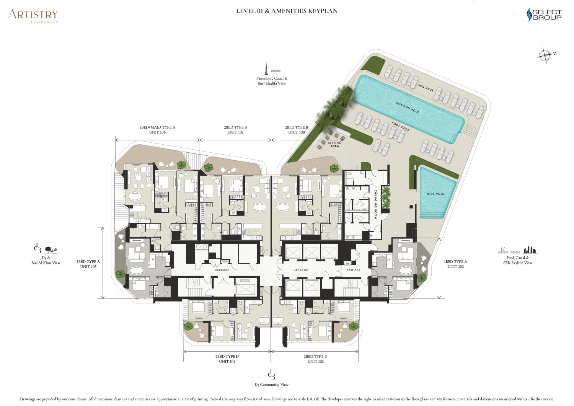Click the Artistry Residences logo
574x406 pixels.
(x=33, y=16)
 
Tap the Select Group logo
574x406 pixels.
(x=544, y=15)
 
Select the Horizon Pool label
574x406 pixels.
(x=408, y=108)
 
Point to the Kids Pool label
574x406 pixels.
(x=436, y=194)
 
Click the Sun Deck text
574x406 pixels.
(x=426, y=87)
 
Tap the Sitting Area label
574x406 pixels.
(x=335, y=144)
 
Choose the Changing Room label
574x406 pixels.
(x=375, y=204)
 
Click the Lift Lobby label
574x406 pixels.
(x=301, y=270)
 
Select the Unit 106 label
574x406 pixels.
(x=157, y=132)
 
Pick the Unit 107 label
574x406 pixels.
(x=235, y=132)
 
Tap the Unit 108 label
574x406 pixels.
(x=297, y=132)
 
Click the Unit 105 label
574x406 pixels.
(x=88, y=267)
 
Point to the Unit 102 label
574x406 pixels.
(x=456, y=267)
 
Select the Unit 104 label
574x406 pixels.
(x=227, y=361)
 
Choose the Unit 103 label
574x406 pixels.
(x=315, y=361)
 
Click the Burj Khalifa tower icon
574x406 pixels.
(x=266, y=68)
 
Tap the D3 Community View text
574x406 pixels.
(x=271, y=385)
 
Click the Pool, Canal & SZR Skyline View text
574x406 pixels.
(x=518, y=260)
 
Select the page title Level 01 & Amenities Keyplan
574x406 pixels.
(x=287, y=11)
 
